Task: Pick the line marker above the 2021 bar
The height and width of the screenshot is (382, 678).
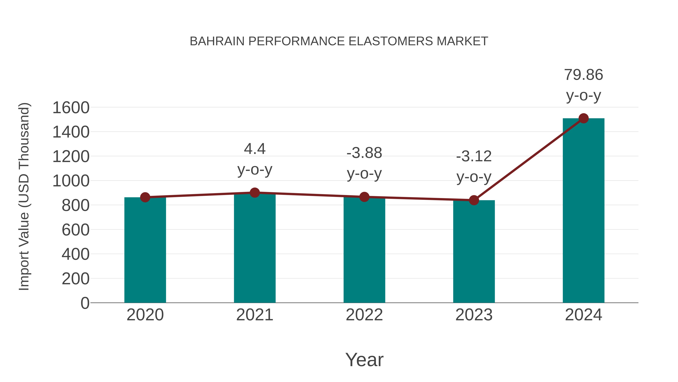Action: tap(254, 193)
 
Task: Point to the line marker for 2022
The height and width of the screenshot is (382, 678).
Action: tap(364, 197)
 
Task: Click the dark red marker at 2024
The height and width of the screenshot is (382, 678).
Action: tap(583, 118)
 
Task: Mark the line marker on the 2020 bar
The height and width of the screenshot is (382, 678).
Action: tap(145, 197)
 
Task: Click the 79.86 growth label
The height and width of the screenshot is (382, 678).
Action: tap(583, 75)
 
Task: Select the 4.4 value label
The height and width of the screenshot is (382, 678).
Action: tap(254, 149)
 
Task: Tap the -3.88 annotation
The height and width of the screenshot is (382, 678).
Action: tap(364, 153)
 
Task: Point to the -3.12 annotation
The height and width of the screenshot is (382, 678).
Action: tap(474, 156)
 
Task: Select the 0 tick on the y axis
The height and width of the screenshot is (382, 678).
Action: tap(85, 303)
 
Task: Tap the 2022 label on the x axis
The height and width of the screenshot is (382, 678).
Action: tap(364, 315)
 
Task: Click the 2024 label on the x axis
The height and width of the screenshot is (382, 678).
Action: tap(583, 315)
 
